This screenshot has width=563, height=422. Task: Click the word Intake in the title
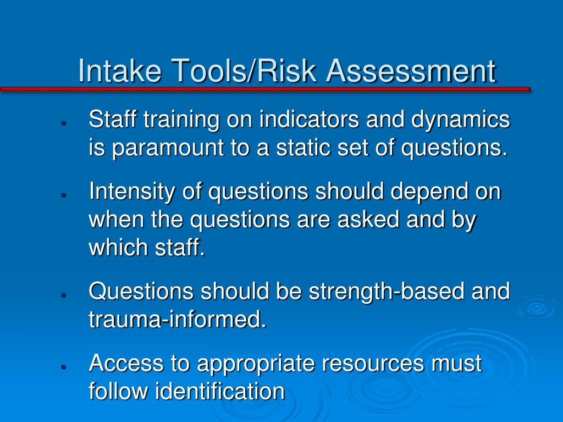[x=119, y=70]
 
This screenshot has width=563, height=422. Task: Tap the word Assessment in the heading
[x=411, y=70]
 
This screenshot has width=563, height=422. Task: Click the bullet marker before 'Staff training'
[x=64, y=123]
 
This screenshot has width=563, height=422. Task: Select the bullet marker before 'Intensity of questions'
[x=64, y=195]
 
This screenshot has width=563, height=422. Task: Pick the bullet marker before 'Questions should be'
[x=64, y=295]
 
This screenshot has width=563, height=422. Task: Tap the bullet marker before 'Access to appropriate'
[x=64, y=367]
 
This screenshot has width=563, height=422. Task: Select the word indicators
[x=310, y=119]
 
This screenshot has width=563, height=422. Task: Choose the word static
[x=303, y=147]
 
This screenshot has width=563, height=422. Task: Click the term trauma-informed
[x=178, y=319]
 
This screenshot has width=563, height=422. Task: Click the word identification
[x=220, y=391]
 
